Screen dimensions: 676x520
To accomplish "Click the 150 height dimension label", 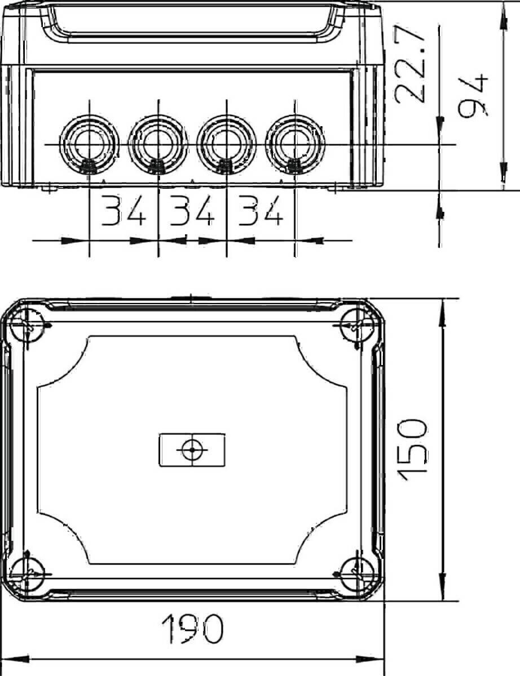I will [x=414, y=450].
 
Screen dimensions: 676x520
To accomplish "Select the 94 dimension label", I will [x=473, y=96].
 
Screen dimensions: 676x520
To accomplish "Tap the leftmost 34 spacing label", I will [x=124, y=212].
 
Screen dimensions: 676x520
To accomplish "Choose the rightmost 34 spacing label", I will [x=259, y=212].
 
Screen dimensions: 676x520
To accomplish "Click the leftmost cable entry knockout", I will [x=90, y=144].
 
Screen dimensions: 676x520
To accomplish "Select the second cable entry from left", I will [x=158, y=144].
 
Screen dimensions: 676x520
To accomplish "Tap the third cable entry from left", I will [x=226, y=144].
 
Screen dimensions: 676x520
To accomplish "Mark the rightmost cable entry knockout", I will [x=294, y=144].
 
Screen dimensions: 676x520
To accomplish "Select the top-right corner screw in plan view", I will [x=357, y=326].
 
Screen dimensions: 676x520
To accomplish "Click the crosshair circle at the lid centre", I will [x=192, y=450].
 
